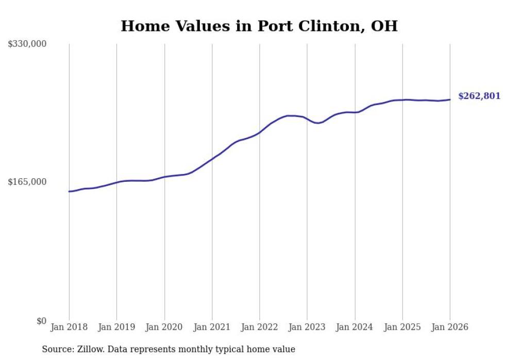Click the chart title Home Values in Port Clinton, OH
click(259, 26)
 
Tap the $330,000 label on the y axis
click(27, 44)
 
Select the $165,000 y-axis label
click(27, 182)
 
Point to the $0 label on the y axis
click(41, 321)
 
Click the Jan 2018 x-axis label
click(69, 327)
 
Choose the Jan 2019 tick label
click(116, 327)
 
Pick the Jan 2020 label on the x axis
click(164, 327)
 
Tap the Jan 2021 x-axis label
click(212, 327)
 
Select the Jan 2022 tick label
click(259, 327)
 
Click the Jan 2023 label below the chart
click(307, 327)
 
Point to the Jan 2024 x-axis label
click(355, 327)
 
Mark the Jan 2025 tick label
click(402, 327)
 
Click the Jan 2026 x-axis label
click(450, 327)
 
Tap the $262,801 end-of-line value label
click(479, 96)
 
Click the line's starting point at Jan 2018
click(69, 191)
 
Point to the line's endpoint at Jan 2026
click(450, 99)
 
